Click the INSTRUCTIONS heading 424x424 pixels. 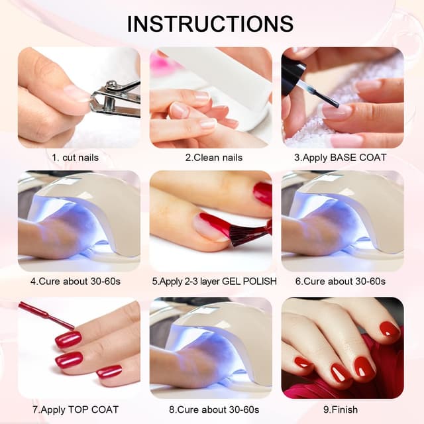click(211, 23)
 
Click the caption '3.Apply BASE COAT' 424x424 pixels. click(343, 158)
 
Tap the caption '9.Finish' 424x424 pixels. click(343, 409)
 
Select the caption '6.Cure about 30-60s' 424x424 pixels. click(343, 282)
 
